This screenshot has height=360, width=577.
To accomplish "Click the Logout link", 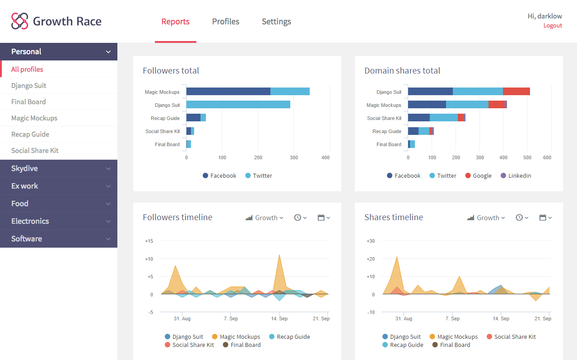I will click(553, 26).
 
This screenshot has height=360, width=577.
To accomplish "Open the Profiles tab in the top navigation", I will click(226, 22).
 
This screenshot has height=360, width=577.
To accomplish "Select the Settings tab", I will click(276, 22).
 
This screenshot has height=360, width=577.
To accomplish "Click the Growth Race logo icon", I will click(20, 21).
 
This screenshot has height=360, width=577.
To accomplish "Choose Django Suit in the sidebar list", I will click(29, 86).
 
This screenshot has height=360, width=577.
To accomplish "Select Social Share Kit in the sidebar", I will click(35, 151).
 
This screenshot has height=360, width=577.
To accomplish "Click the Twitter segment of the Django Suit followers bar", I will click(238, 105).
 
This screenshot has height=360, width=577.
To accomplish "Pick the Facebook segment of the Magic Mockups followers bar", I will click(228, 92).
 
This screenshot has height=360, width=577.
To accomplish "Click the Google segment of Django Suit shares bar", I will click(516, 92).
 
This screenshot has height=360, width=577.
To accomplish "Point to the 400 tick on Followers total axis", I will click(326, 157).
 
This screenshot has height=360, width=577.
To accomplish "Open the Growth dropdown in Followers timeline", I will click(265, 218).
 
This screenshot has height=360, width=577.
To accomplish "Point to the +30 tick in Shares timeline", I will click(370, 241).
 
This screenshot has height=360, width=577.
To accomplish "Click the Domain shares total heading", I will click(402, 71).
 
